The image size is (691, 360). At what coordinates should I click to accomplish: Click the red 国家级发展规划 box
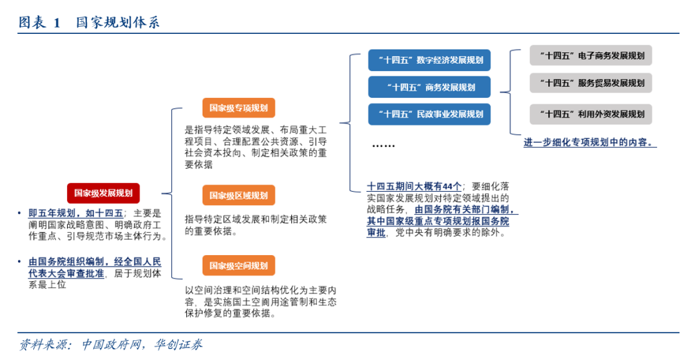click(103, 192)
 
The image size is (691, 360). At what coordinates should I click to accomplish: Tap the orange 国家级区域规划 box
click(238, 195)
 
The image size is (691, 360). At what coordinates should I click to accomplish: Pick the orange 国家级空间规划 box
click(238, 265)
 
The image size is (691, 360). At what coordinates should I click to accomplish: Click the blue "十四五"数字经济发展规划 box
click(429, 61)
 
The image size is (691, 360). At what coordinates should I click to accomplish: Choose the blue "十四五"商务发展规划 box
click(429, 88)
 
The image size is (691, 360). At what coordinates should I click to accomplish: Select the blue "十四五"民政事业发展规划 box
click(429, 114)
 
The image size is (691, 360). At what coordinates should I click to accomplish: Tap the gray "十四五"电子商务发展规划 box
click(591, 56)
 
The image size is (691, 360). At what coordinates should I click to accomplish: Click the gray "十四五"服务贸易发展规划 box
click(591, 82)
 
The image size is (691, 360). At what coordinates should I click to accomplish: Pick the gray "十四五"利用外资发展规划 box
click(591, 114)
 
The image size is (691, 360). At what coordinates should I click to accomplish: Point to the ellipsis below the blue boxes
click(383, 146)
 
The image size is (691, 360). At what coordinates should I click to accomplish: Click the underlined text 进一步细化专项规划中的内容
click(589, 143)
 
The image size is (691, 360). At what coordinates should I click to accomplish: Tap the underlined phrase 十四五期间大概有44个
click(414, 186)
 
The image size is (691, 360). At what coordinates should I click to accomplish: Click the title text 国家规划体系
click(118, 23)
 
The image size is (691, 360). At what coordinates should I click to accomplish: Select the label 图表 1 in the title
click(39, 23)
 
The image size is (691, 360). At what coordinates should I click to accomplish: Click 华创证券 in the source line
click(179, 345)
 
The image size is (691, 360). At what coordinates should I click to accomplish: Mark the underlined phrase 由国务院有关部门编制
click(465, 209)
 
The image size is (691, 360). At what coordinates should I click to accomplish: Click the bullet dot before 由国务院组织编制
click(20, 262)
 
